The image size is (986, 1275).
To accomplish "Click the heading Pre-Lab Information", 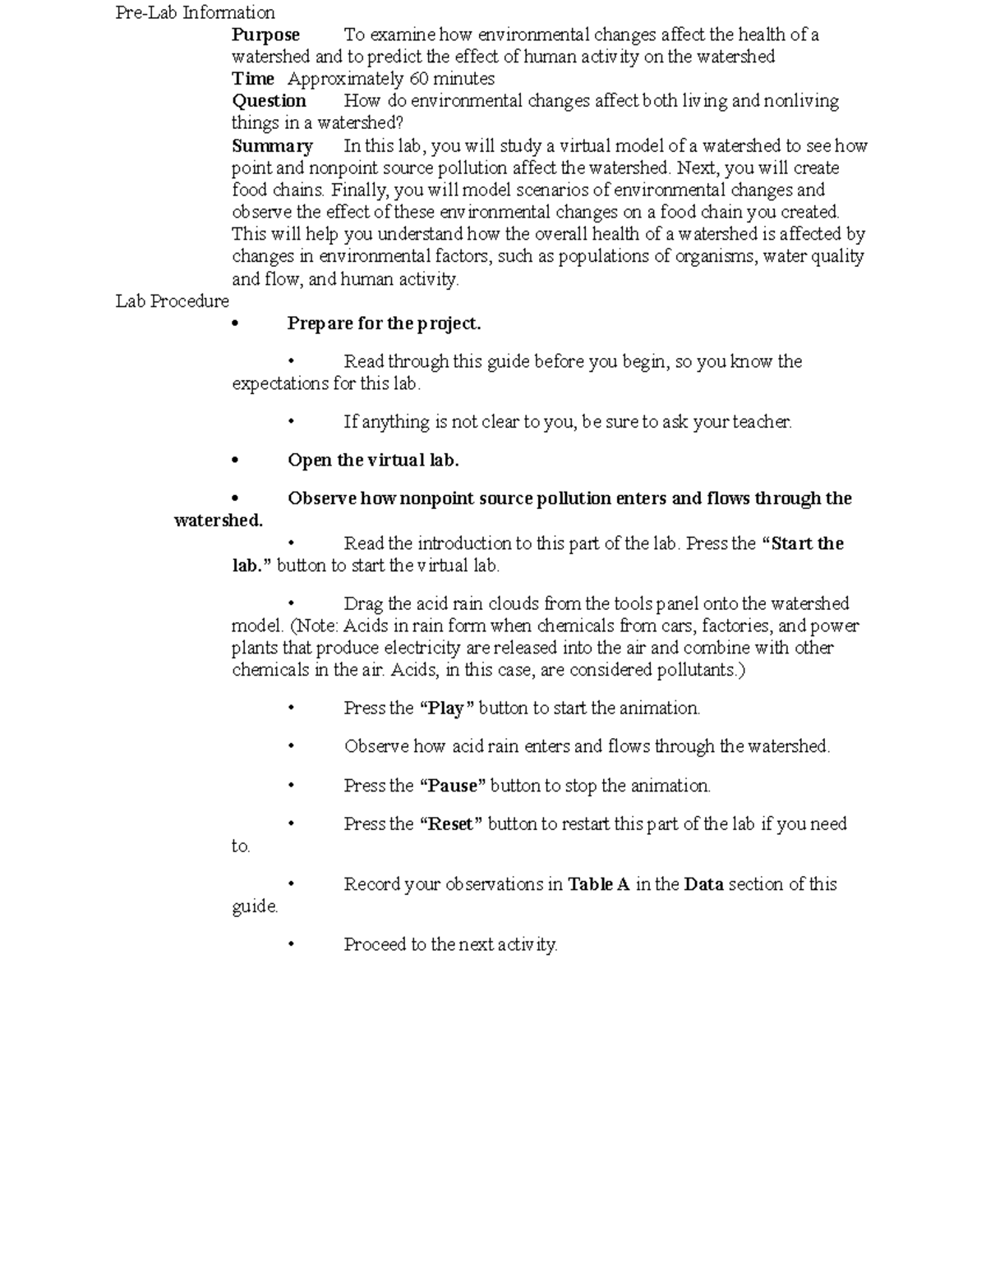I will pos(195,12).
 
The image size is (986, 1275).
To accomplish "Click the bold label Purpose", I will pos(265,34).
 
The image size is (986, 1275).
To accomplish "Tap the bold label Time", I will pos(253,79).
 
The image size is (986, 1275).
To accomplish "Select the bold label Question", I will pos(269,101).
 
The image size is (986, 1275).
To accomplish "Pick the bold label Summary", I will pos(272,146).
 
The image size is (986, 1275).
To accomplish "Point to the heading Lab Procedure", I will pos(172,301).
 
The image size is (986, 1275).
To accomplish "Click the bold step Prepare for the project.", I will pos(384,323).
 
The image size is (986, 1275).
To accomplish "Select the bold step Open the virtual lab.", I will pos(373,461).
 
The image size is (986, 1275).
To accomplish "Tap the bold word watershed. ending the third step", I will pos(219,521).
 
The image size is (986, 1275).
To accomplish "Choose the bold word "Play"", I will pos(446,709).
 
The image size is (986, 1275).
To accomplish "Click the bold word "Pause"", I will pos(452,786).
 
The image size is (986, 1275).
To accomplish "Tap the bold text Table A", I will pos(598,884).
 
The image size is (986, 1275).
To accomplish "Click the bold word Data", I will pos(703,884).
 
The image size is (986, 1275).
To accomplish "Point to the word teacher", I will pos(763,422).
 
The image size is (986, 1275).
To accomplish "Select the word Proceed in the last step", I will pos(375,945).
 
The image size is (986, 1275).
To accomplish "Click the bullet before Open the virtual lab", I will pos(235,461).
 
